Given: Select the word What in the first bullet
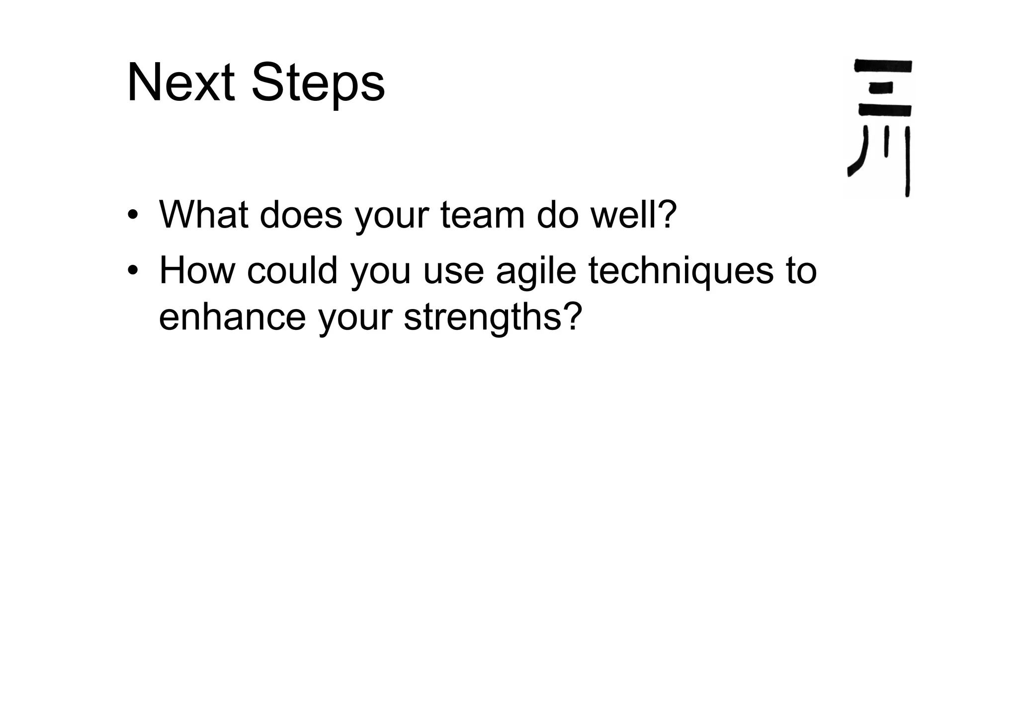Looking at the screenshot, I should click(204, 215).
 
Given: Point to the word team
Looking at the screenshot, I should click(482, 215).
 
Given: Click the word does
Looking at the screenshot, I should click(301, 215).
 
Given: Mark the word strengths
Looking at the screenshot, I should click(482, 318).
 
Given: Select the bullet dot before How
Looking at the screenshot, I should click(132, 271).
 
